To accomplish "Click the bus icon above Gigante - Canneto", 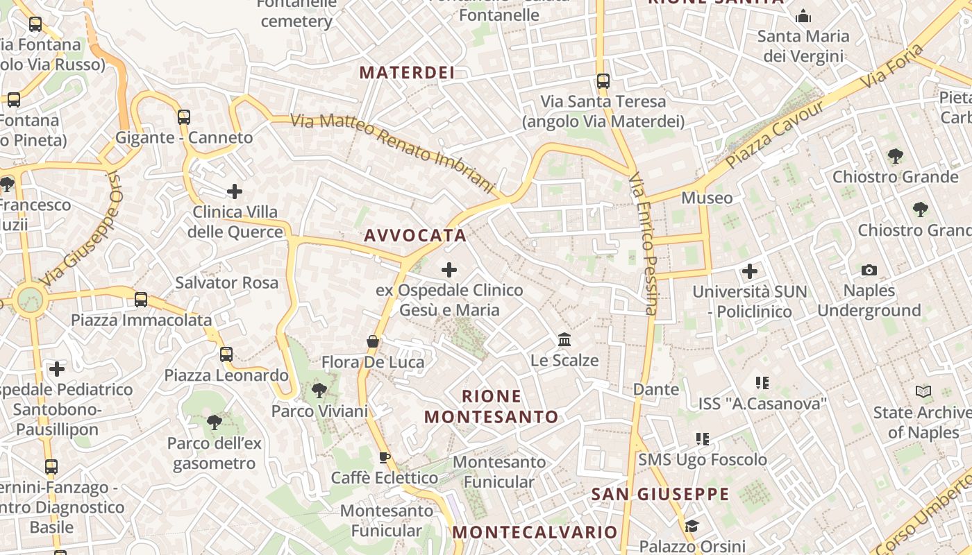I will [x=184, y=117].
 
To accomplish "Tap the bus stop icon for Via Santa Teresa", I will [x=603, y=81].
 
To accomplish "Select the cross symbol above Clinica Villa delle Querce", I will [x=235, y=191].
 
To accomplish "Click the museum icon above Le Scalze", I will [x=564, y=340].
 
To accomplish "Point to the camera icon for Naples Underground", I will [x=869, y=270].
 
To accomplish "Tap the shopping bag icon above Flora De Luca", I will [x=373, y=341].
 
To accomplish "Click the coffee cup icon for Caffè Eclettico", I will [x=384, y=457].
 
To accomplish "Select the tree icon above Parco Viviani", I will [x=319, y=391].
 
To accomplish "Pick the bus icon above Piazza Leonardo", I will [x=226, y=355].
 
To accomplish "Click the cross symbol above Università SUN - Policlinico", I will [x=750, y=271].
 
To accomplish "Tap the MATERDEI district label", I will [x=407, y=72].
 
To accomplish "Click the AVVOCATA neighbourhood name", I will [x=415, y=235].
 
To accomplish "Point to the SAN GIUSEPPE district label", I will [x=660, y=494].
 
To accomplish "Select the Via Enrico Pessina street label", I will [x=643, y=244].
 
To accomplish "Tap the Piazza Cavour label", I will [x=776, y=135].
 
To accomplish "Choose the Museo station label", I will [x=707, y=198].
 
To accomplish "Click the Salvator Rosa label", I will [x=226, y=282].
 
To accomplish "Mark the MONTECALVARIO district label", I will [x=535, y=532].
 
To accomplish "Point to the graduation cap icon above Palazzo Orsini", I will [x=691, y=526].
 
